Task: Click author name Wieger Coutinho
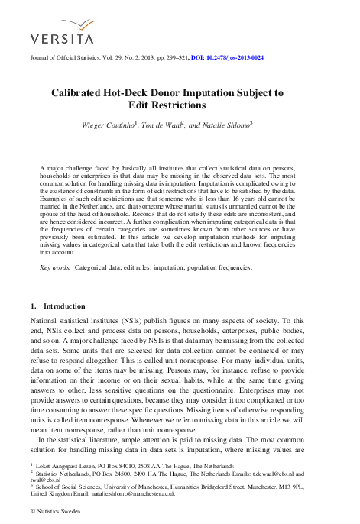(105, 125)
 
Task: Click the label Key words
(55, 268)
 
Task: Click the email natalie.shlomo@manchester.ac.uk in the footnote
(132, 494)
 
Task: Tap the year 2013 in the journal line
(132, 58)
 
